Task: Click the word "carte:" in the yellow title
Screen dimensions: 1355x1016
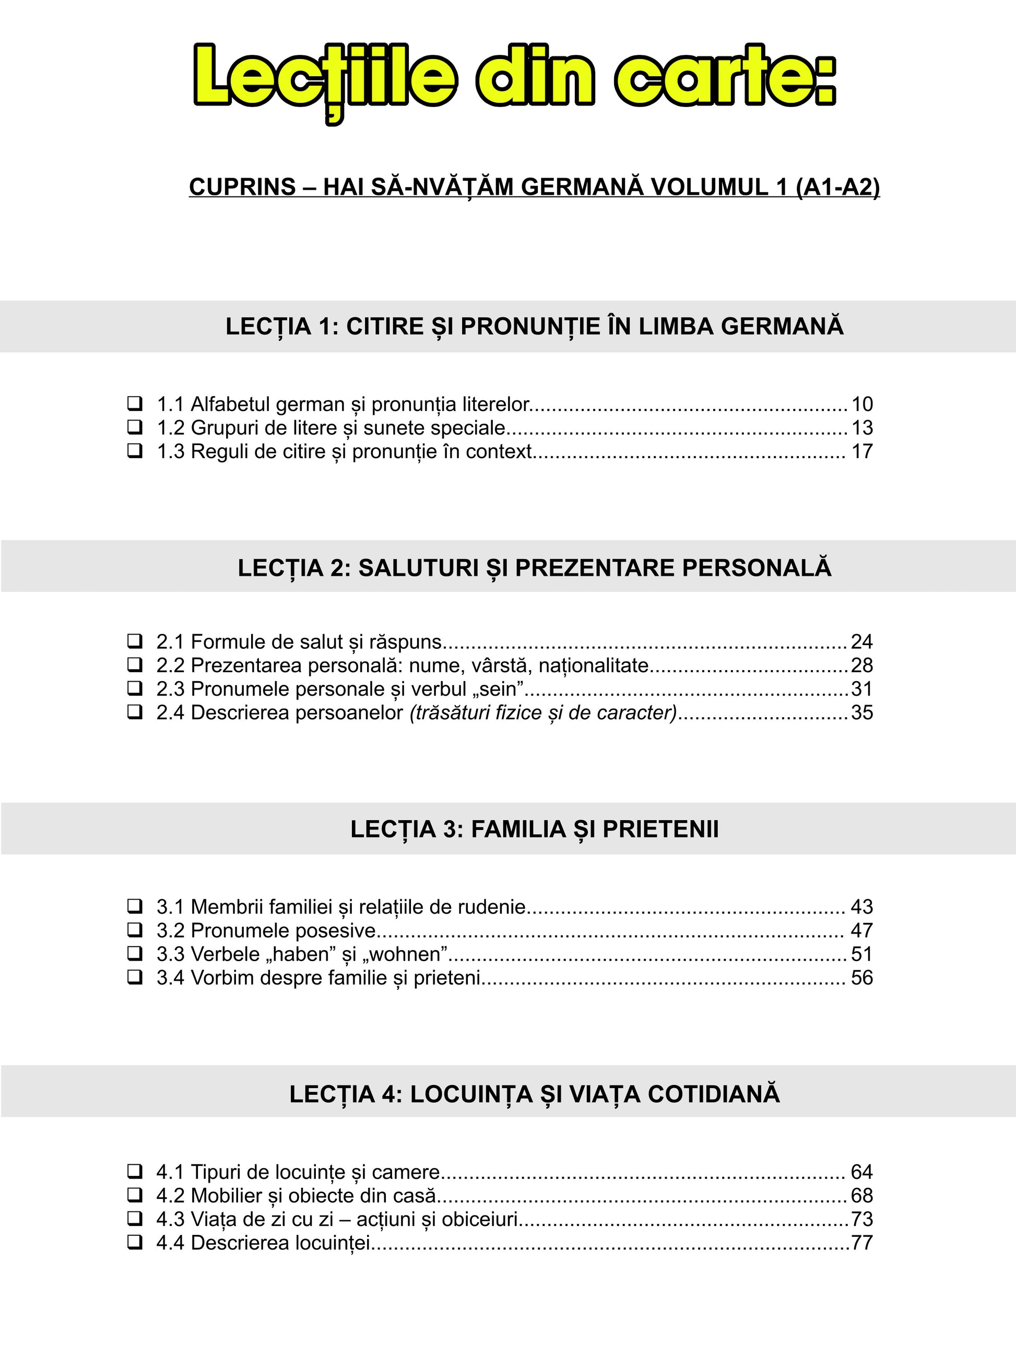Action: (x=726, y=78)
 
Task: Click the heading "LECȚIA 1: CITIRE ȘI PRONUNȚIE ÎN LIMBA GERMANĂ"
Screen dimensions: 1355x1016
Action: (x=534, y=326)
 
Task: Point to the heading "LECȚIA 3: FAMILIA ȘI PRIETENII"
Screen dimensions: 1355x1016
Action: (x=534, y=830)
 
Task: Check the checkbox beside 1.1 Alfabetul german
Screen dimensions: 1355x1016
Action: (x=135, y=404)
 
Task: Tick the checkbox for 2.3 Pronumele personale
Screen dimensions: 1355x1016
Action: (x=135, y=688)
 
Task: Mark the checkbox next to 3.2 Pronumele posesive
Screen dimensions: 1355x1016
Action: (x=135, y=930)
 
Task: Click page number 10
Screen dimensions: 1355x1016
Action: (x=861, y=404)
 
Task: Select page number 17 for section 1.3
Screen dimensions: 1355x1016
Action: (x=861, y=451)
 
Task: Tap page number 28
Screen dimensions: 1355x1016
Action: (x=861, y=665)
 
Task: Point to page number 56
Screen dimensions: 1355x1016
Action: (x=861, y=978)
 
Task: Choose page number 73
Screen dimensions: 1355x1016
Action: (x=861, y=1219)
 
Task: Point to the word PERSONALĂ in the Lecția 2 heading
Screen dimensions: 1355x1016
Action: (x=757, y=568)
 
